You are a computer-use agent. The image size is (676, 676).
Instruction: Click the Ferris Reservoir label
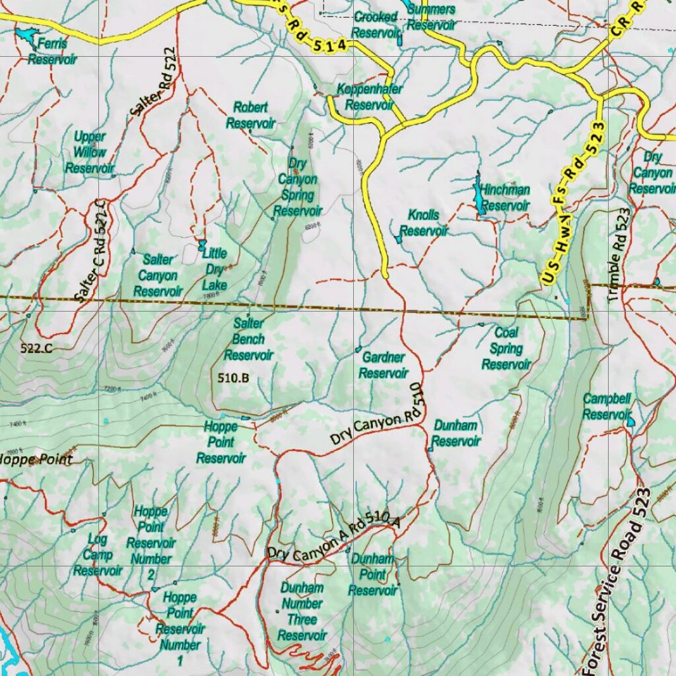click(52, 51)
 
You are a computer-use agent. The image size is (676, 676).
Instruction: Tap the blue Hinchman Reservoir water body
click(477, 195)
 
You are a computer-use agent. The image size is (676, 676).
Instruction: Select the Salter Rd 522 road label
click(153, 82)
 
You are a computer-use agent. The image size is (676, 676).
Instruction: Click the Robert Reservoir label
click(250, 115)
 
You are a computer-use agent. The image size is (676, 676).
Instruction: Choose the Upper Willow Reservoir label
click(89, 152)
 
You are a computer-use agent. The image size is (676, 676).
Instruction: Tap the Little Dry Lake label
click(215, 269)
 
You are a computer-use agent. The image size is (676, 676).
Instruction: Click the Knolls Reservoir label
click(423, 223)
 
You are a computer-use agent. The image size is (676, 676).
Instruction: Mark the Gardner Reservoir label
click(383, 365)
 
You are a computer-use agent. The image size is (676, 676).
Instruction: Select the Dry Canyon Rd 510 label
click(376, 422)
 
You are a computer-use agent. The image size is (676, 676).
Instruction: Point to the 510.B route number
click(233, 378)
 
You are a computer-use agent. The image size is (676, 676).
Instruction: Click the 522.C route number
click(36, 349)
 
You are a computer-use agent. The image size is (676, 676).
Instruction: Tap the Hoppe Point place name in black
click(36, 459)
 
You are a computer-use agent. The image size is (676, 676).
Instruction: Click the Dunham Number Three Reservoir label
click(302, 611)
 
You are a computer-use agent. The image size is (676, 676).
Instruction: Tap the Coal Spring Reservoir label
click(506, 349)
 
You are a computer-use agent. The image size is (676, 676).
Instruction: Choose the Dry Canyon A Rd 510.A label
click(333, 536)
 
